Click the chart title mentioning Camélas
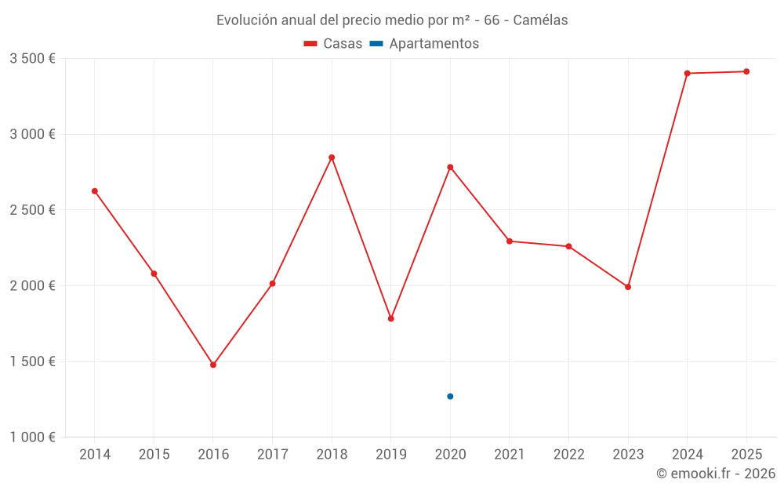392,20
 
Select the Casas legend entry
333,44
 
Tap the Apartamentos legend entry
424,44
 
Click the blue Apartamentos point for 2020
450,397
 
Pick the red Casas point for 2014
95,191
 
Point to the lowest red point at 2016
213,365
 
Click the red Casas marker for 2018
332,158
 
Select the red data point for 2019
391,318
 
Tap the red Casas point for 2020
450,167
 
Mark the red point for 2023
628,287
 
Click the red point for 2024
687,74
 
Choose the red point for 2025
746,71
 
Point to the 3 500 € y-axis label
32,59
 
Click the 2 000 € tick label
32,286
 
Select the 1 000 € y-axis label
32,437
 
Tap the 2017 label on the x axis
272,455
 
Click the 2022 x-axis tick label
568,455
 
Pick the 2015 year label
154,455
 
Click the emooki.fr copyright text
716,474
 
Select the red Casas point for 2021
510,241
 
